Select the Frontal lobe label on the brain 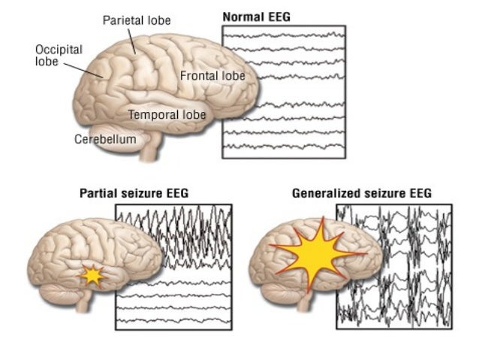[x=212, y=75]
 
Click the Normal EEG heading [x=258, y=16]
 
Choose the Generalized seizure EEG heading [x=361, y=194]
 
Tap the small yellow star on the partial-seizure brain [x=92, y=277]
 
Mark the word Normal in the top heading [x=241, y=16]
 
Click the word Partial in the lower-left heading [x=98, y=194]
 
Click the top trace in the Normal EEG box [x=284, y=35]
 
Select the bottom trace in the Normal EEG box [x=284, y=145]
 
